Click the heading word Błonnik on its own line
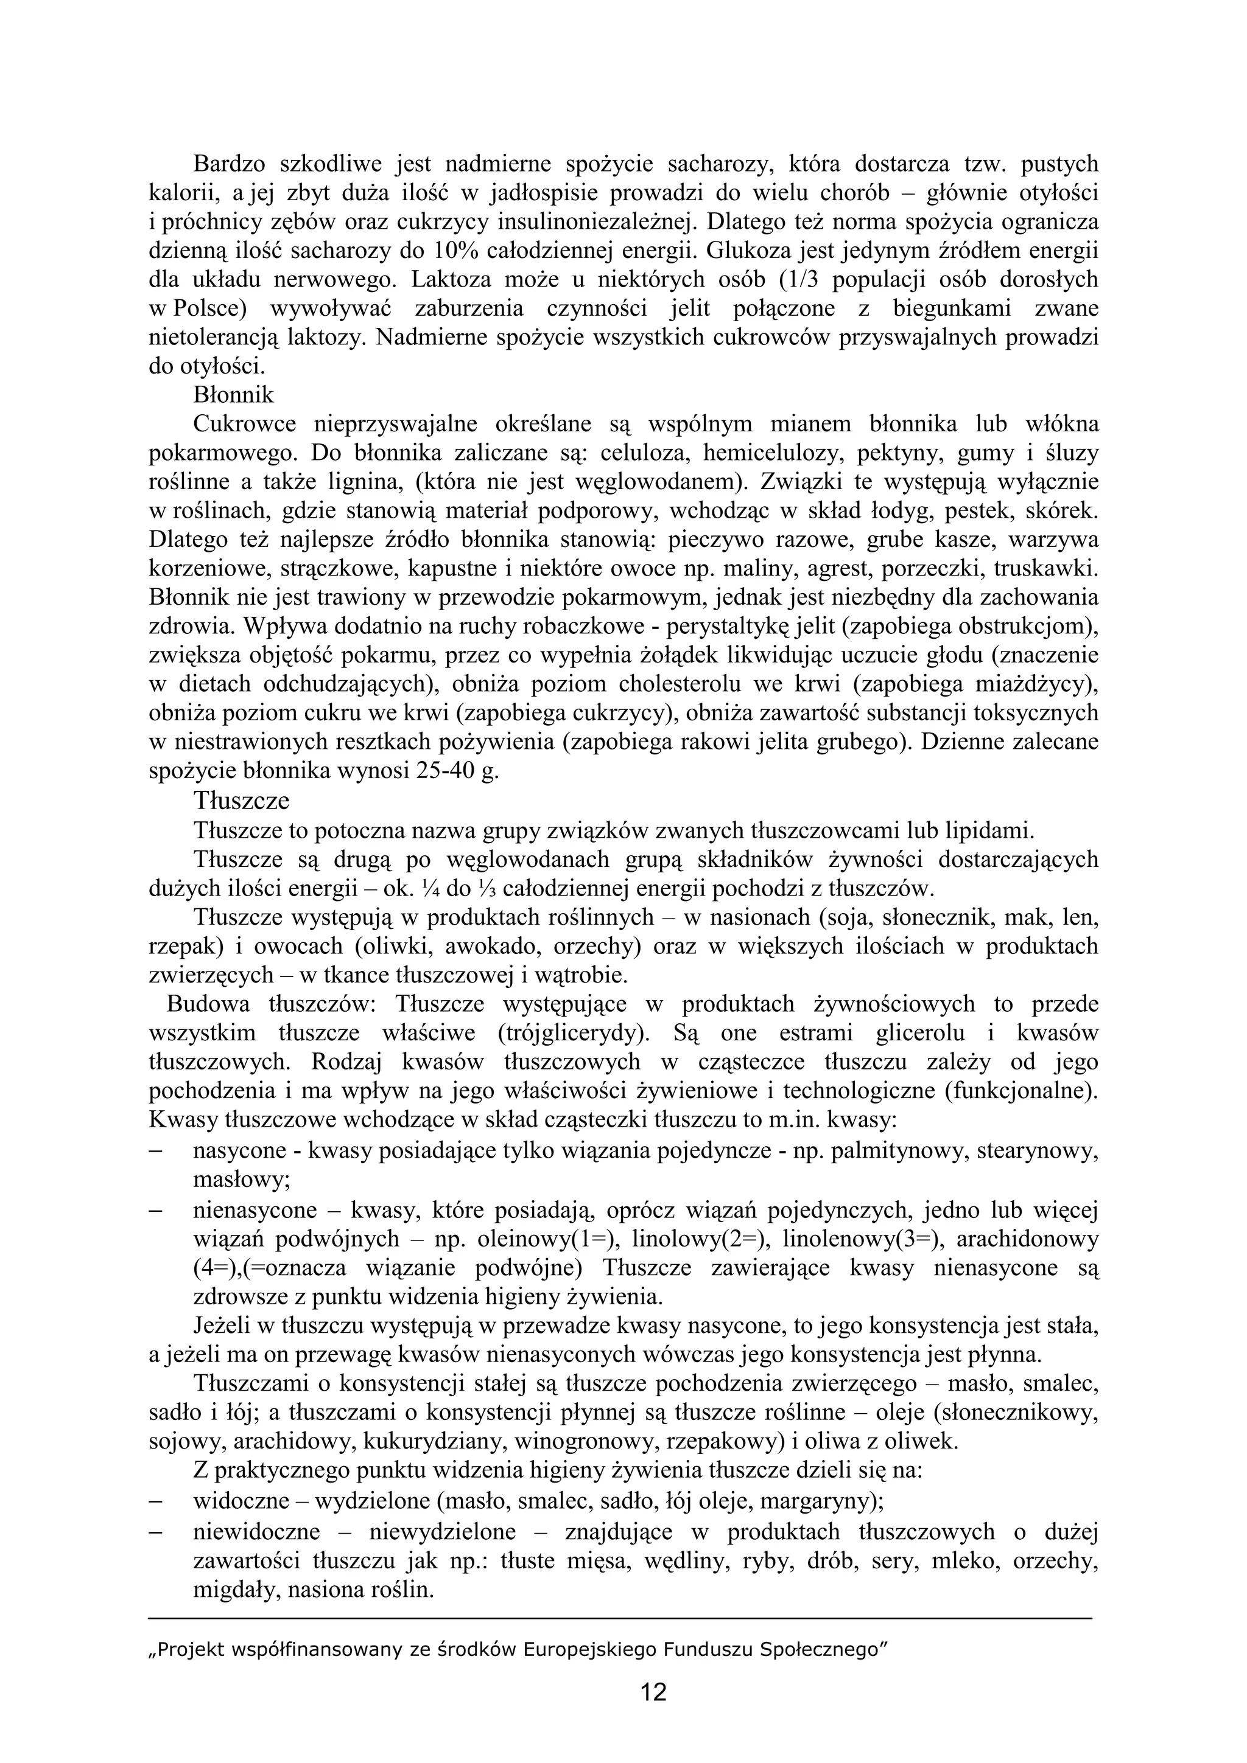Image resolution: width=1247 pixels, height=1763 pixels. click(234, 395)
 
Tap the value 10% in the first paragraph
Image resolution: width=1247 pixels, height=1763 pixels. click(454, 250)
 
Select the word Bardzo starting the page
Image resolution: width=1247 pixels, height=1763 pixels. click(228, 164)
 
